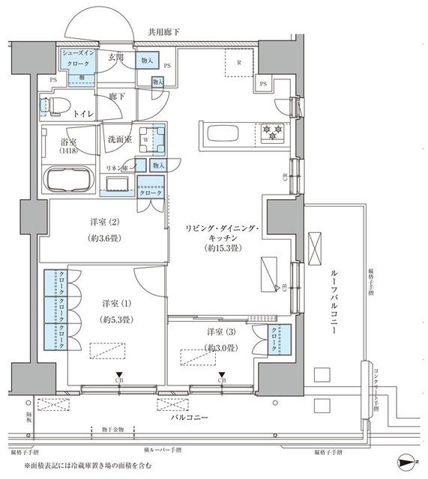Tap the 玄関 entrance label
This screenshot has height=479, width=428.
coord(116,58)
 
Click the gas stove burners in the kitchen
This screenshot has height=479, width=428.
coord(271,133)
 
